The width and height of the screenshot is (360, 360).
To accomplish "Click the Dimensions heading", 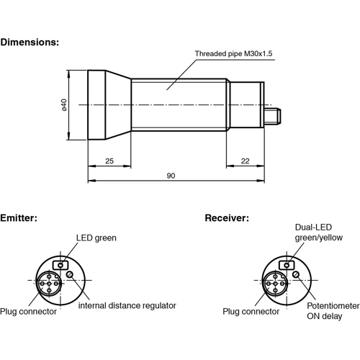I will [x=30, y=42].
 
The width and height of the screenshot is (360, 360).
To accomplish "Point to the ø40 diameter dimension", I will [x=64, y=106].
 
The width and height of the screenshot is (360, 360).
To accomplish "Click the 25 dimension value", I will [x=109, y=160].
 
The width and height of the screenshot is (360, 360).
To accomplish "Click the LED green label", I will [x=96, y=238].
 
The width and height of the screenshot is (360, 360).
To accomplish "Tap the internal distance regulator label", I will [x=127, y=305].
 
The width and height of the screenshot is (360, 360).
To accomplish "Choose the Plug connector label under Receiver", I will [x=251, y=312].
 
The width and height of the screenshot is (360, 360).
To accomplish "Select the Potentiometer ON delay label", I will [x=332, y=310].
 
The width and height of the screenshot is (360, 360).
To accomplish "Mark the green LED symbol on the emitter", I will [x=63, y=264].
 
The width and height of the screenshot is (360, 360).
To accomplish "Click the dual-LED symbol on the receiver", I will [x=286, y=264].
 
